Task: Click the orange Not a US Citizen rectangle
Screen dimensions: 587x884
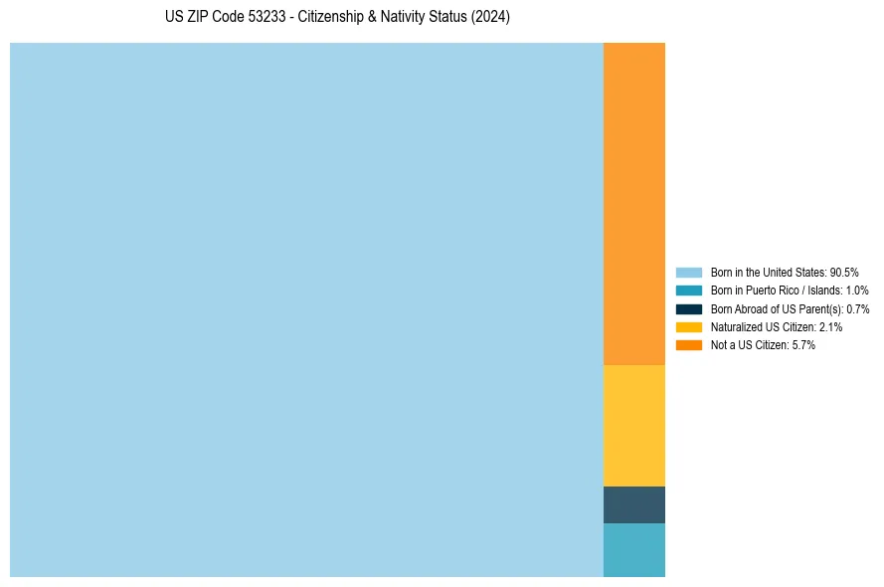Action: click(634, 204)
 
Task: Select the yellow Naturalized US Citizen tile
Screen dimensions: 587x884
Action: click(634, 426)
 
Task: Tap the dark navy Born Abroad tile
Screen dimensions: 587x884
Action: click(634, 504)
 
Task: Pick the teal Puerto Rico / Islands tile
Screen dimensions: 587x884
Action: click(634, 549)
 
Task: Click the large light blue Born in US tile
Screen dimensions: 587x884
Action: click(306, 309)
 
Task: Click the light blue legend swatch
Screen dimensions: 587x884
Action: click(689, 272)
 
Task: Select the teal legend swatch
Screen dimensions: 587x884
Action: click(689, 291)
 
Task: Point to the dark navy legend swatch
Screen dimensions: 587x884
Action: click(689, 308)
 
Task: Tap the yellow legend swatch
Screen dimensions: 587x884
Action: click(689, 326)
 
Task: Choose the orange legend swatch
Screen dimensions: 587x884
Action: click(689, 344)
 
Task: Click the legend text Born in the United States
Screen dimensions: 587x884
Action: click(768, 272)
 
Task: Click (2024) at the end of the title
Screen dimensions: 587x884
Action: click(490, 18)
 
